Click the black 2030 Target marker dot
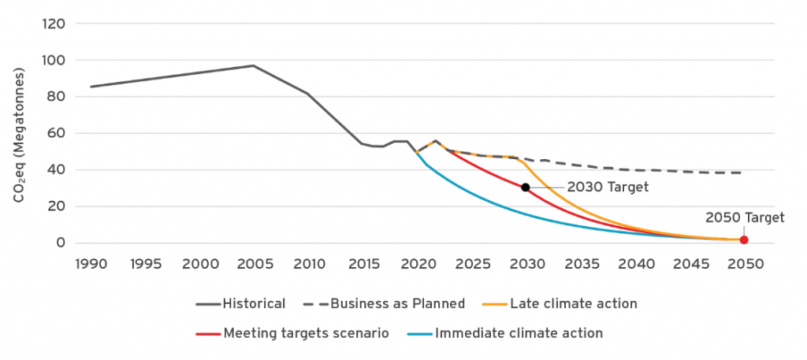526,187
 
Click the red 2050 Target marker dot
743,240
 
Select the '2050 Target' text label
745,217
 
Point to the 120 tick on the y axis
52,24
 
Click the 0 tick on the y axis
60,243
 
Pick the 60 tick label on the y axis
55,133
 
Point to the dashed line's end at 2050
741,173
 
